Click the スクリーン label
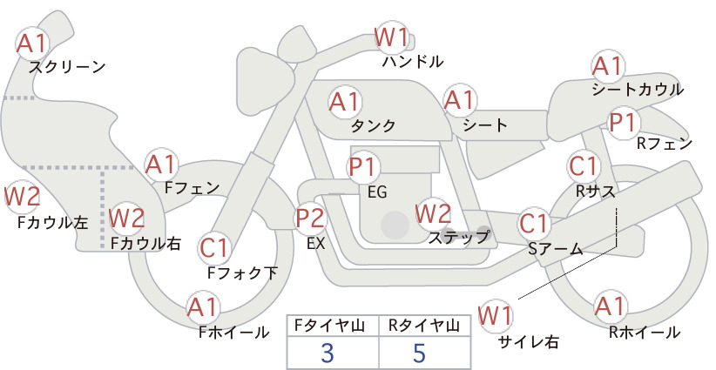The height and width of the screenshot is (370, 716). coord(67,67)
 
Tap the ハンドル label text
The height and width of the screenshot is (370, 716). coord(413,61)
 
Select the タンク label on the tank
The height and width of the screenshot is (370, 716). coord(373,125)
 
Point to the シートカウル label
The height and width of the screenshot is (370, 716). coord(638,89)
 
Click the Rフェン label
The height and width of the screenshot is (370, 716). coord(665,144)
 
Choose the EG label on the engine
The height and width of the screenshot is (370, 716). coord(377,192)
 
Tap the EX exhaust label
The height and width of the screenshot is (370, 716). coord(315,243)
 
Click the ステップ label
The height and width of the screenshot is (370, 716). coord(458,238)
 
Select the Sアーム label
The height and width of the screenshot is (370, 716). coord(556,249)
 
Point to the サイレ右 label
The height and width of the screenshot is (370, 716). coord(528,342)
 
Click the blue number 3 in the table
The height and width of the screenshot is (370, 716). coord(328,353)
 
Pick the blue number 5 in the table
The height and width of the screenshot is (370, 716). coord(419,353)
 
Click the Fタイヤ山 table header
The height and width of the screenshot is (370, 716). coord(329,326)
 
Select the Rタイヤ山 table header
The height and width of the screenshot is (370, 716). coord(423,326)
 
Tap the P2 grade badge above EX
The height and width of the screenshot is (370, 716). coord(310,218)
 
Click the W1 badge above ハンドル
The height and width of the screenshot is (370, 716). coord(391,37)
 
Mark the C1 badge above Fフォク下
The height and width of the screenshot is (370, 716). coord(213,248)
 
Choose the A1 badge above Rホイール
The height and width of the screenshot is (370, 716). coord(610,306)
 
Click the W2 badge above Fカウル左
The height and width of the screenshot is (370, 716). coord(22,197)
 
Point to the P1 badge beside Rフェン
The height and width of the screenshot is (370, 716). coord(623,122)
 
